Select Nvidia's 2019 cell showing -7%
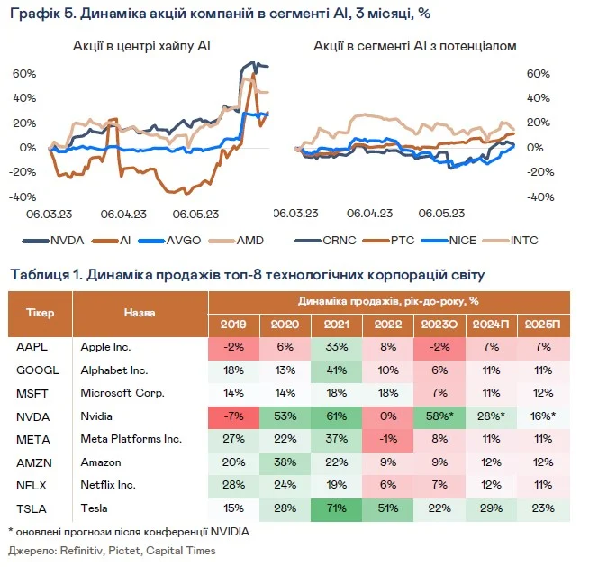[234, 416]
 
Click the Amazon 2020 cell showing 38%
[284, 462]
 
